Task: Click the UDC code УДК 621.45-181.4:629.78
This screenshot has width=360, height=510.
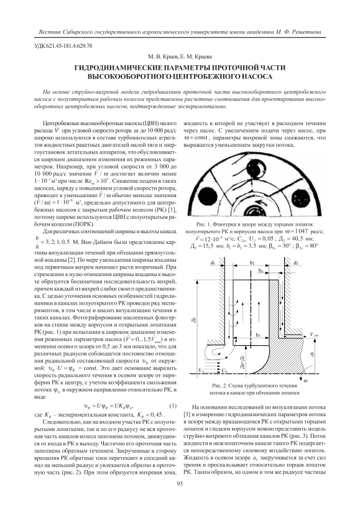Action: [63, 46]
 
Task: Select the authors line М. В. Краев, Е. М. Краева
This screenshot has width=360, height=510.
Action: [180, 57]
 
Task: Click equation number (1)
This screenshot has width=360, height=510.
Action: [173, 406]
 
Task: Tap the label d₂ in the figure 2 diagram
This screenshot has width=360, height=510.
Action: [295, 262]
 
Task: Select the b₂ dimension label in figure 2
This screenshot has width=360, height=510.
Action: [252, 262]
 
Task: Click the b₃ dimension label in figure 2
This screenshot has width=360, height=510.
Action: [261, 271]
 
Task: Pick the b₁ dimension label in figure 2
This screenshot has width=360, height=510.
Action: [258, 335]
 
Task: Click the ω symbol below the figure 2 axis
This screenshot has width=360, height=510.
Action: [305, 381]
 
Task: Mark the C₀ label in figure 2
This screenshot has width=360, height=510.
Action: [224, 370]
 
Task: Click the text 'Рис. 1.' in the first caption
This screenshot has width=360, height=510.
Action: [203, 225]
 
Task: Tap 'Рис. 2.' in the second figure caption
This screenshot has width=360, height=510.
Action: [219, 386]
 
